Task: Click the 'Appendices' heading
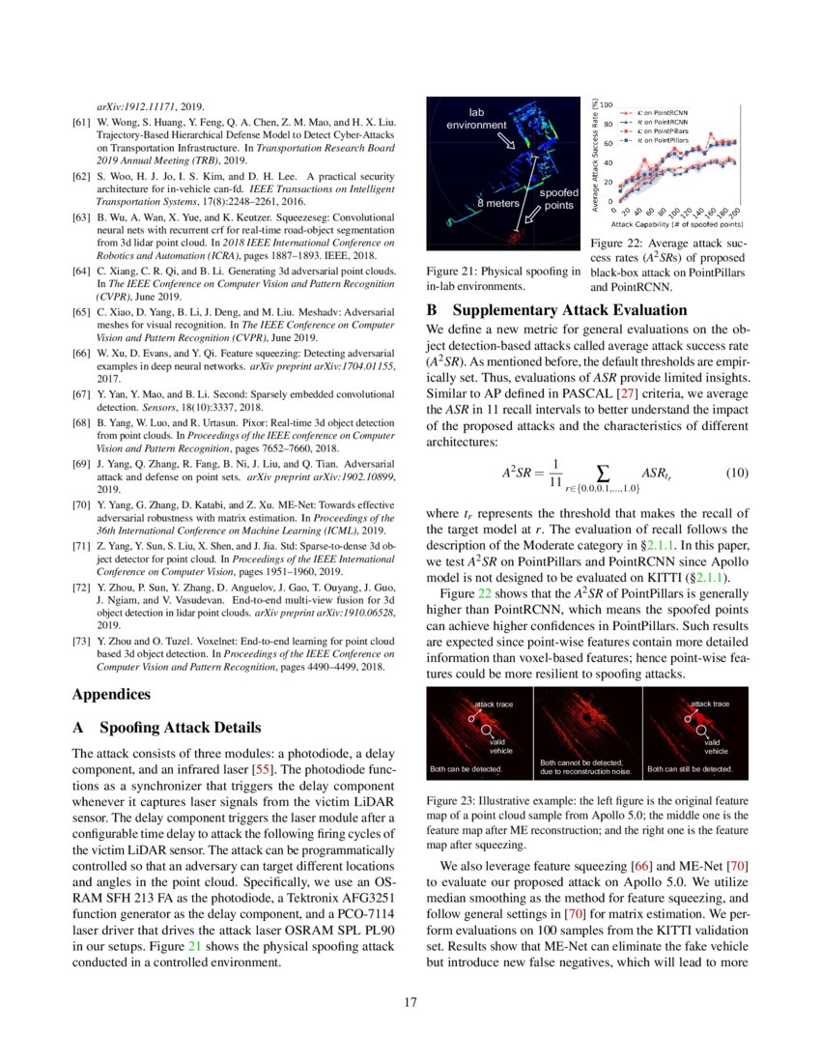[x=112, y=693]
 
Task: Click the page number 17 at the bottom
[x=410, y=1001]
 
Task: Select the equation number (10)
[x=737, y=473]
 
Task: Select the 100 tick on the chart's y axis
[x=606, y=103]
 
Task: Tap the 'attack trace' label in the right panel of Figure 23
[x=709, y=704]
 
